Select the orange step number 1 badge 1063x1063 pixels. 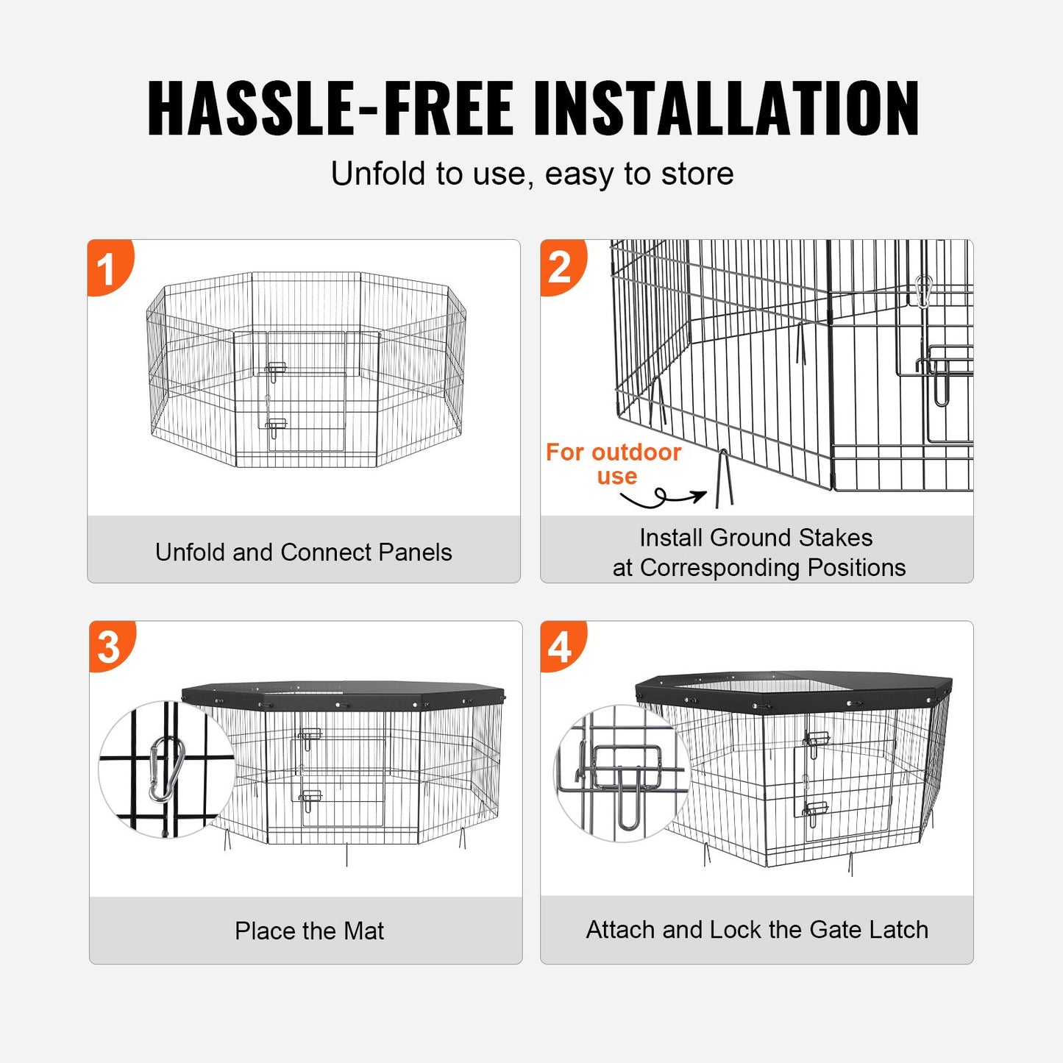pyautogui.click(x=107, y=268)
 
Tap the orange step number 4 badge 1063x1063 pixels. pyautogui.click(x=560, y=647)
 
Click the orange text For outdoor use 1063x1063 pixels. pyautogui.click(x=614, y=463)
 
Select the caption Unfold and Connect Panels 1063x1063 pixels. pyautogui.click(x=303, y=552)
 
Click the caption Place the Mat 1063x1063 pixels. pyautogui.click(x=309, y=931)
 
